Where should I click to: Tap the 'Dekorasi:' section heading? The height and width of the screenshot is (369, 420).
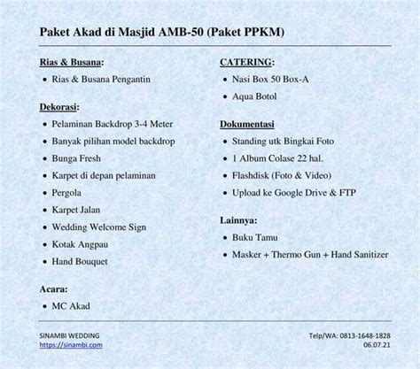[x=64, y=106]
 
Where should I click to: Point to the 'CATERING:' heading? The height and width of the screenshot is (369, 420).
[x=247, y=63]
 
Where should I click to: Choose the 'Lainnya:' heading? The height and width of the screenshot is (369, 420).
[x=238, y=219]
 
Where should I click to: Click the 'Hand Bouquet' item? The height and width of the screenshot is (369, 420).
[x=81, y=262]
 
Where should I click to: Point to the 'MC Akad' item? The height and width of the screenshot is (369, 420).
[x=71, y=306]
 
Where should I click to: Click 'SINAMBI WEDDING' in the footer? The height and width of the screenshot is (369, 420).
[x=69, y=336]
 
